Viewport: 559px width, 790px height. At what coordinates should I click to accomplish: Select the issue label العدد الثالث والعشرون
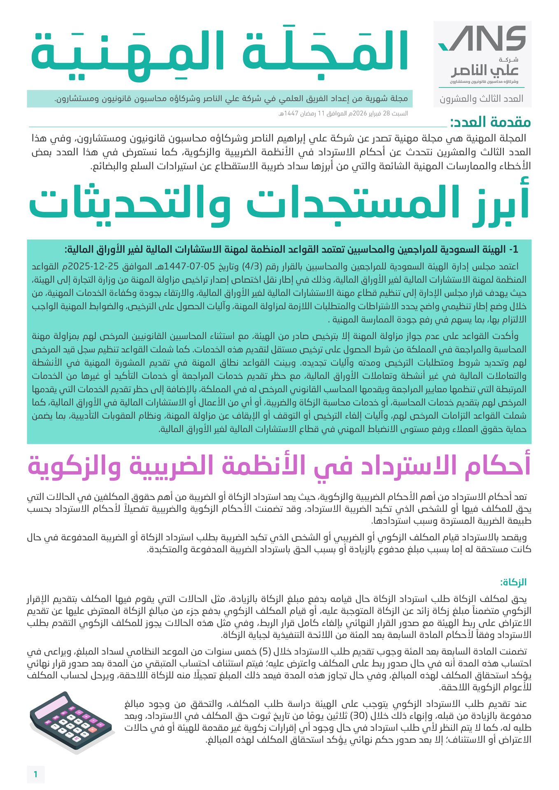click(x=482, y=99)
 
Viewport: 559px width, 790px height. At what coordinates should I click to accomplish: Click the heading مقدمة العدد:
click(x=490, y=122)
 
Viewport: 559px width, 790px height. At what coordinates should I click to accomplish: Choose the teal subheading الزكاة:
click(x=513, y=582)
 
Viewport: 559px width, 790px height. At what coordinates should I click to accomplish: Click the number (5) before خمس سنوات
click(x=266, y=652)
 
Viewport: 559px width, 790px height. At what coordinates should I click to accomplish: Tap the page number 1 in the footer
click(x=36, y=774)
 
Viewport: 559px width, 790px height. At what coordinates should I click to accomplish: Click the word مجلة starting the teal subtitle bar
click(x=398, y=99)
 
